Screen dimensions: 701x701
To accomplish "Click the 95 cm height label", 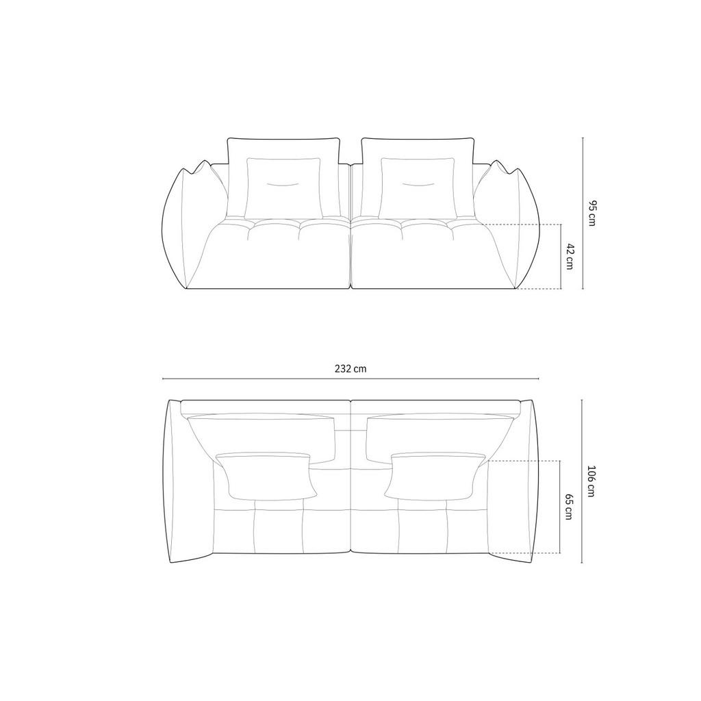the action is tap(591, 214).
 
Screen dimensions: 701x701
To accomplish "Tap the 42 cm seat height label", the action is tap(570, 256).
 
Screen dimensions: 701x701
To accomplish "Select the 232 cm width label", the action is tap(350, 368).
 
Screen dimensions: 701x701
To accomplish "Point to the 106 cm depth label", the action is tap(591, 481).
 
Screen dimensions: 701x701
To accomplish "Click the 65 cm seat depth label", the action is tap(569, 507).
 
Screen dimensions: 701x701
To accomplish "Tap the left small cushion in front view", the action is tap(283, 188).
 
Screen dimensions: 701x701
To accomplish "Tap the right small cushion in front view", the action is tap(418, 188).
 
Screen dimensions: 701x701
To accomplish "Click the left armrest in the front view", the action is tap(193, 225).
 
